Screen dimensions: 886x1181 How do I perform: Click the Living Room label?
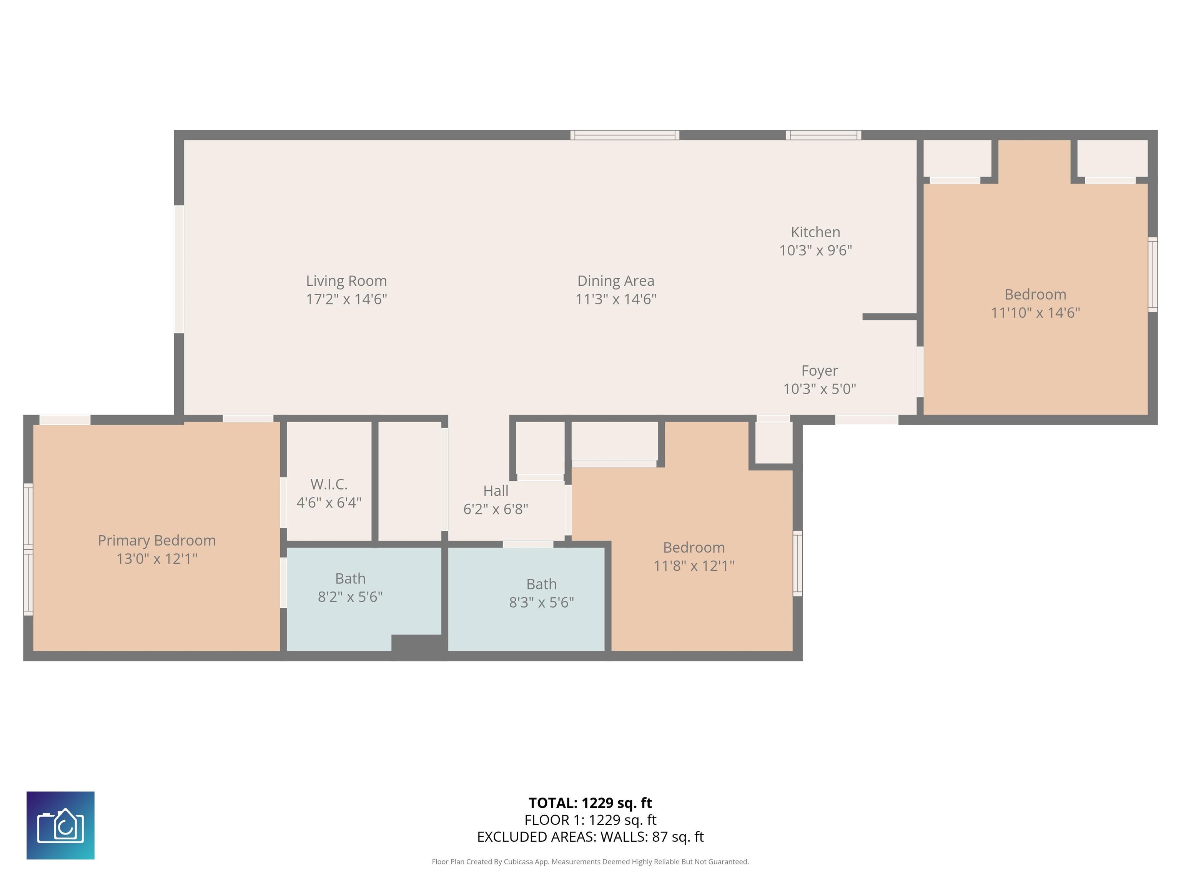pos(346,281)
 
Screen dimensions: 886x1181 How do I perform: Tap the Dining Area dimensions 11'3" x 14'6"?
pos(615,299)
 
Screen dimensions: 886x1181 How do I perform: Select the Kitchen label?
pos(815,232)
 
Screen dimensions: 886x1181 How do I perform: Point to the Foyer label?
pos(820,371)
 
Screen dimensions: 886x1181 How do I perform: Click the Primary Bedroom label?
pos(156,540)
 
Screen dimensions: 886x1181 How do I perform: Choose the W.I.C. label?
pos(329,485)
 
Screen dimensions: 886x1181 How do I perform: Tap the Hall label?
pos(496,491)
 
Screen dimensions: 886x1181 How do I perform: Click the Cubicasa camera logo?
pos(60,825)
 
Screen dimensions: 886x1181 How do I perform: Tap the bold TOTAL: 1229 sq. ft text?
pos(590,803)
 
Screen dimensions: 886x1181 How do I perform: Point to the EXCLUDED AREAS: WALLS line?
pos(590,837)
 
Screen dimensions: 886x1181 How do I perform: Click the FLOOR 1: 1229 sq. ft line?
pos(590,820)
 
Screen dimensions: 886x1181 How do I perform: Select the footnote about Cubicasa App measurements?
pos(590,861)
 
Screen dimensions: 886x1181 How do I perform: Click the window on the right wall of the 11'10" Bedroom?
pos(1153,275)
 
